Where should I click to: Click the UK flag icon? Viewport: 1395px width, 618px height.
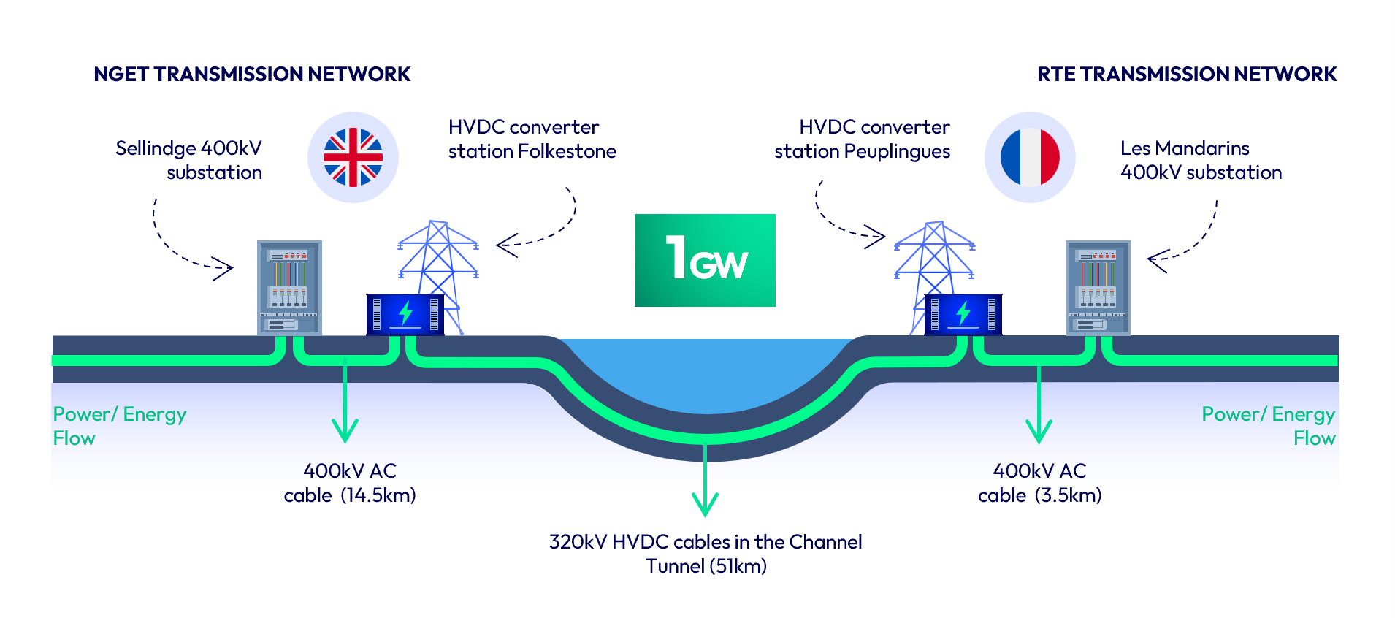click(x=353, y=157)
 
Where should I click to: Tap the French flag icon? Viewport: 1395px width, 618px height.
click(x=1030, y=157)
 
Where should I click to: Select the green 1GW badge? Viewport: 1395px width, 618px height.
click(x=705, y=260)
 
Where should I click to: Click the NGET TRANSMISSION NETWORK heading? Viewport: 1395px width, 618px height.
click(x=252, y=75)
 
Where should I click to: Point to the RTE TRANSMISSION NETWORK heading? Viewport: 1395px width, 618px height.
click(x=1187, y=75)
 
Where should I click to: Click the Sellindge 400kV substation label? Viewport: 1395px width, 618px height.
click(x=189, y=160)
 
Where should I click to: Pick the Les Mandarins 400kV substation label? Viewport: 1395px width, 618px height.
click(x=1201, y=160)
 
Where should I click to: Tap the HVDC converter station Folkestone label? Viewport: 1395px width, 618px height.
click(x=532, y=139)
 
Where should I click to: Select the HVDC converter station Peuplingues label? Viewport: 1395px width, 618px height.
click(x=863, y=139)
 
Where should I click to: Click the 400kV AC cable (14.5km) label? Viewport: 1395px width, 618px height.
click(x=350, y=483)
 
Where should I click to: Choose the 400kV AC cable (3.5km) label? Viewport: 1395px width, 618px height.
click(x=1039, y=483)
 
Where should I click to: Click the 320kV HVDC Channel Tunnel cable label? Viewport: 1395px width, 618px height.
click(x=706, y=554)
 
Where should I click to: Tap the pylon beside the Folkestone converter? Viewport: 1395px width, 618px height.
click(x=438, y=256)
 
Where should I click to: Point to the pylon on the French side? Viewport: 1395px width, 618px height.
click(x=935, y=256)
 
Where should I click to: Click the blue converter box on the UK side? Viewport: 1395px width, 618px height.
click(x=405, y=314)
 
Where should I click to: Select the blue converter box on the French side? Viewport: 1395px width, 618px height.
click(x=963, y=314)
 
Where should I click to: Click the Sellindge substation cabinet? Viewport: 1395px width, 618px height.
click(x=289, y=287)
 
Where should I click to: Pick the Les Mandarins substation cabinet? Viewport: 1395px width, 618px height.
click(x=1098, y=287)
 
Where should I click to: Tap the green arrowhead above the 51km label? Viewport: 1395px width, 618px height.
click(x=705, y=504)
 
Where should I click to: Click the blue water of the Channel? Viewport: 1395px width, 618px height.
click(x=706, y=373)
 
